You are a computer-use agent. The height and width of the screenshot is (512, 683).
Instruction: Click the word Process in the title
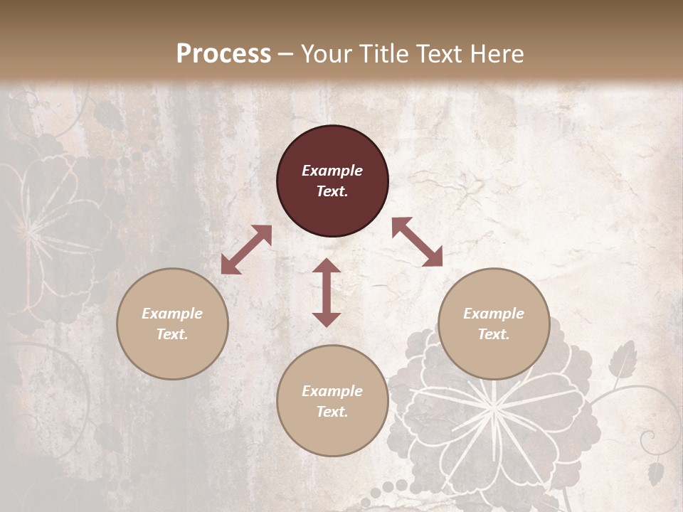223,54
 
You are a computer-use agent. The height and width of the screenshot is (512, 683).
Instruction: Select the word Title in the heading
382,54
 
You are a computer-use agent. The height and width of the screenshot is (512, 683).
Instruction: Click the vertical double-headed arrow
327,292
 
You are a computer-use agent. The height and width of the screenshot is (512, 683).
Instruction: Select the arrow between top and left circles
246,250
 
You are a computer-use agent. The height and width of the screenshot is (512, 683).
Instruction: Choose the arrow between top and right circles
417,242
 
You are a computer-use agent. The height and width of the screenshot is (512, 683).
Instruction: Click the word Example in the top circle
332,171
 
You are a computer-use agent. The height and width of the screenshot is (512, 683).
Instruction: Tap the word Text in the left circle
172,334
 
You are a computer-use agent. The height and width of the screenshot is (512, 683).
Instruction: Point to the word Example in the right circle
494,314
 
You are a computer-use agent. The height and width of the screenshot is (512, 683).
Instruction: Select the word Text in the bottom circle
332,412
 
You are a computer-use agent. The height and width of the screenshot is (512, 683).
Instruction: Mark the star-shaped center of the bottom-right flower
492,406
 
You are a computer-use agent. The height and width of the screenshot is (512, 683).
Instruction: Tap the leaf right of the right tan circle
623,356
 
